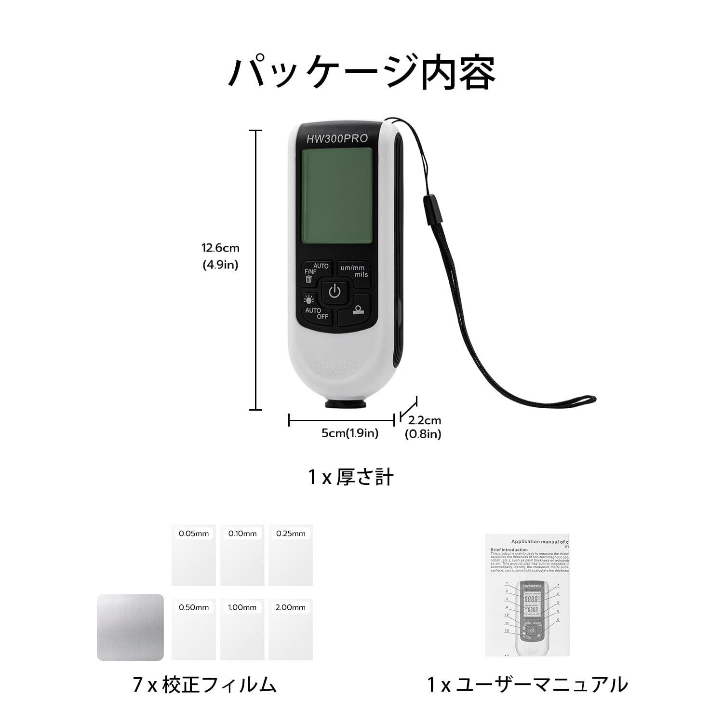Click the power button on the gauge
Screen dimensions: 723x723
335,292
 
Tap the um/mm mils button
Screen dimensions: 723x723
354,271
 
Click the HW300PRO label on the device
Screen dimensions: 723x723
337,139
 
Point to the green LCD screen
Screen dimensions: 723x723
336,196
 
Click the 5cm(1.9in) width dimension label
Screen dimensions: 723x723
350,433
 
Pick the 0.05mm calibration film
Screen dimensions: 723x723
194,555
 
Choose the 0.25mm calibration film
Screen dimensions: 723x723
291,555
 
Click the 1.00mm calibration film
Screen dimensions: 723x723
242,629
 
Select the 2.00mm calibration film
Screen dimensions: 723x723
291,629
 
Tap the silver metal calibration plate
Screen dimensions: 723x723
130,627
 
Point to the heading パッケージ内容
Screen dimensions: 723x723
361,72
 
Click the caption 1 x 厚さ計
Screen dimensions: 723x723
351,477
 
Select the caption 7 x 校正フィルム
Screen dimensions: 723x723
204,685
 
